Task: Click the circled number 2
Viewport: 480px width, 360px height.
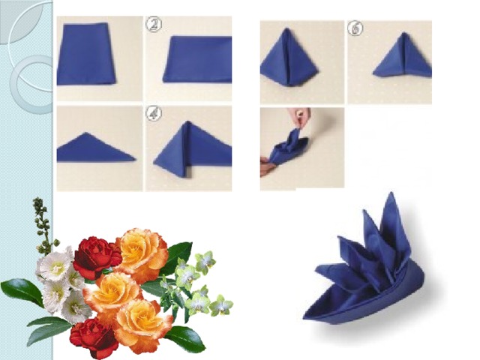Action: [154, 25]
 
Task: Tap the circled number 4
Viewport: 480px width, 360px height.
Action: [154, 114]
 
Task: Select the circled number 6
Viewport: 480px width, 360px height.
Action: [355, 28]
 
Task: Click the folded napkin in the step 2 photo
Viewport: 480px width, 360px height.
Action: [198, 59]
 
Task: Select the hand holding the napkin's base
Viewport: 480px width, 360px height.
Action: [265, 166]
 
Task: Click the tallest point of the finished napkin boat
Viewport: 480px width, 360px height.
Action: [391, 193]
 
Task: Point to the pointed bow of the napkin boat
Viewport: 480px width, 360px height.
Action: [304, 318]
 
